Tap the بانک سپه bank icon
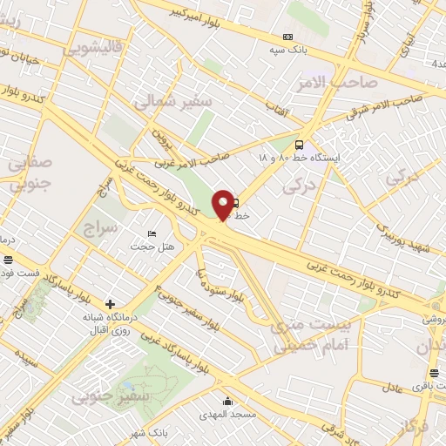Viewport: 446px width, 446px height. [x=287, y=37]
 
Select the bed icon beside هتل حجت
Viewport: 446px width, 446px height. [x=152, y=233]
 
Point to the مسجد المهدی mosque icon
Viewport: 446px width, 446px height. [x=228, y=402]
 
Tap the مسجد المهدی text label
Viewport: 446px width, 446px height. [x=228, y=415]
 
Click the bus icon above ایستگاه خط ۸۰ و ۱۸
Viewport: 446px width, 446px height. [x=301, y=145]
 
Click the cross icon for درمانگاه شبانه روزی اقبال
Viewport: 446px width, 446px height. [x=110, y=303]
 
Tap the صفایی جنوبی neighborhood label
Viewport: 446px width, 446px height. [x=29, y=172]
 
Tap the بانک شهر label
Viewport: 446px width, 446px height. [x=145, y=433]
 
